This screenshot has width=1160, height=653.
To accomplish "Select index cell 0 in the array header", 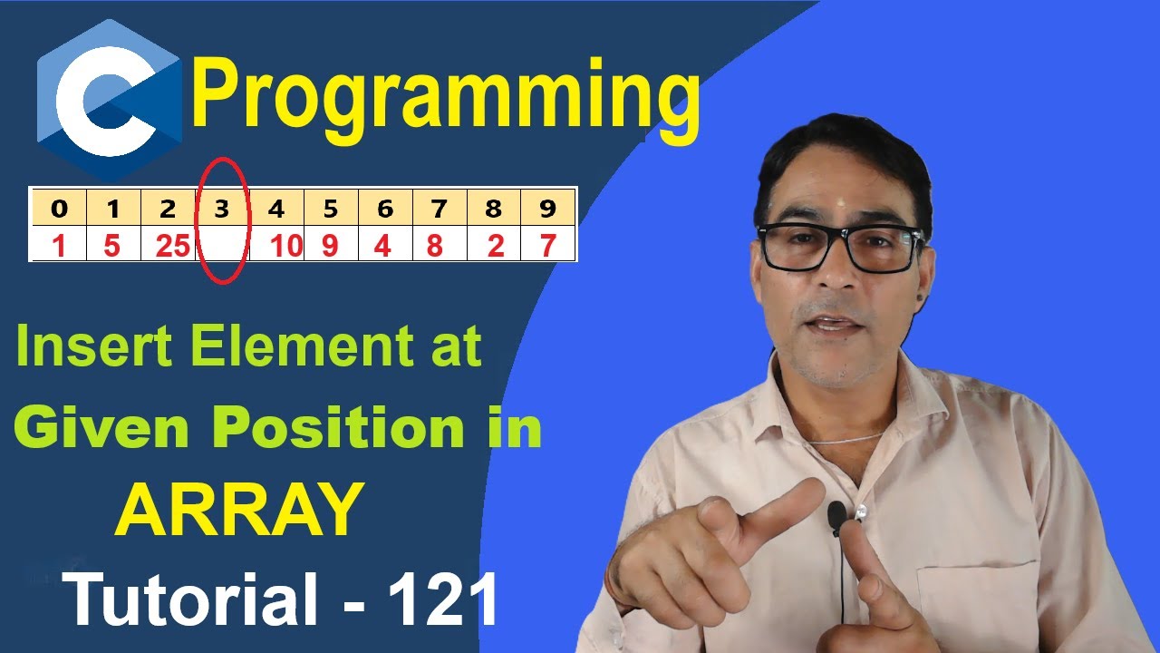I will click(x=59, y=210).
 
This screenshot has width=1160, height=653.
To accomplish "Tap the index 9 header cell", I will click(x=547, y=210).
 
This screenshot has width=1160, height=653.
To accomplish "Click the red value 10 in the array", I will click(x=285, y=246).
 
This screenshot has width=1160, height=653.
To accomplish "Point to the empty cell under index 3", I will click(x=222, y=246).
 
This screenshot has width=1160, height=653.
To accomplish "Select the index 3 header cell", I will click(x=222, y=210).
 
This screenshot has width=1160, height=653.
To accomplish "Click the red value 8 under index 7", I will click(x=436, y=246).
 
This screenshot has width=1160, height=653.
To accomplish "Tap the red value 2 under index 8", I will click(x=495, y=246).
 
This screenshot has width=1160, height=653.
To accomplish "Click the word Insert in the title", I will click(x=82, y=348).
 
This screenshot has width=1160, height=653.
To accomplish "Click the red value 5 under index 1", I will click(x=111, y=246).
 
